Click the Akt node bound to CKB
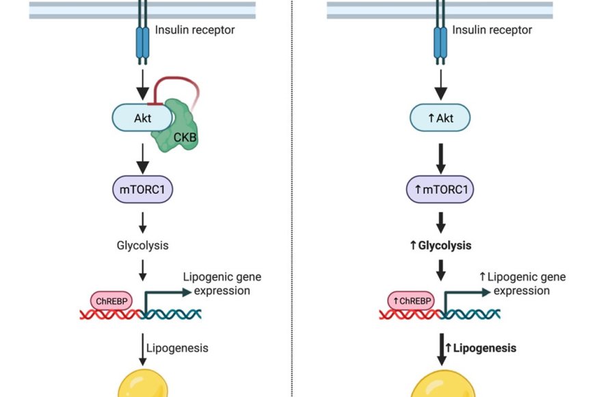click(140, 118)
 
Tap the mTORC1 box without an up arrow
click(142, 190)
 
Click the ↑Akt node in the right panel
click(440, 118)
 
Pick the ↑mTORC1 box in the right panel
click(440, 190)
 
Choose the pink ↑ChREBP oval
click(410, 300)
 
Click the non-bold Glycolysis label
click(142, 245)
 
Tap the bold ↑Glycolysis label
click(440, 245)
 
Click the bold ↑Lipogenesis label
click(480, 348)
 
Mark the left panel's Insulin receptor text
click(195, 30)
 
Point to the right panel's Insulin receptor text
click(492, 30)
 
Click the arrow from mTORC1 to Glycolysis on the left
click(142, 220)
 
